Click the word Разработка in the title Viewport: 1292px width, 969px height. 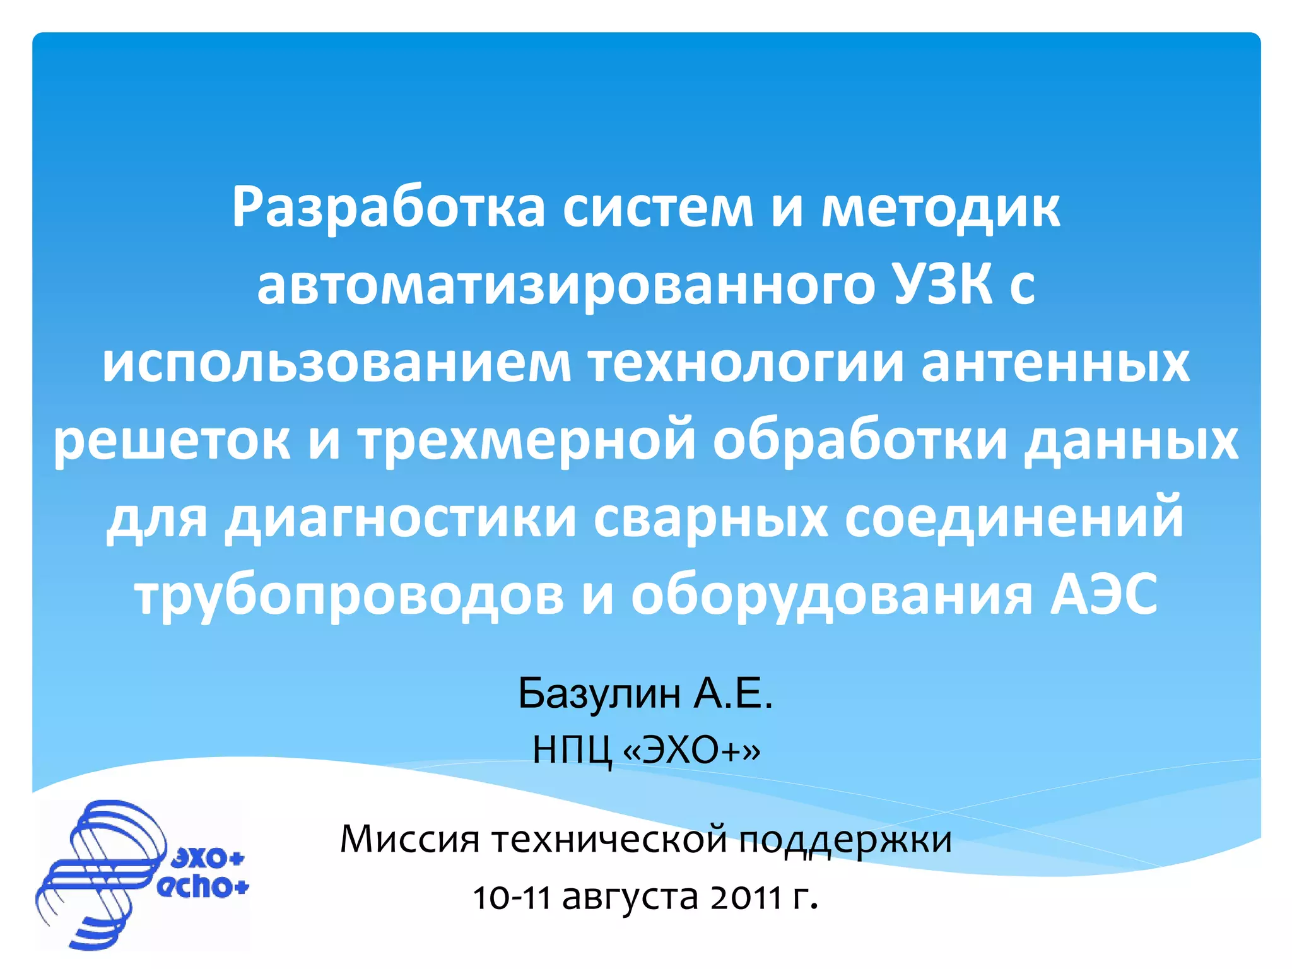[x=388, y=209]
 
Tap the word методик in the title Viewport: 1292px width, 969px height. [x=940, y=209]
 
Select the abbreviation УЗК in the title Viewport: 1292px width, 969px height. [x=942, y=286]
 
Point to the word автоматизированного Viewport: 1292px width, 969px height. [x=565, y=286]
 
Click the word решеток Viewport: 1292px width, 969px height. [x=172, y=441]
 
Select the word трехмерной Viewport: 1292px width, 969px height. [x=527, y=441]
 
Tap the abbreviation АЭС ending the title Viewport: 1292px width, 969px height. [x=1103, y=596]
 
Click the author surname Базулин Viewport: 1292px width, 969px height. [x=599, y=693]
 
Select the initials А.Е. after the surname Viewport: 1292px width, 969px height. [x=734, y=693]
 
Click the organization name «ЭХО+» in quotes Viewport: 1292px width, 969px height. [x=691, y=751]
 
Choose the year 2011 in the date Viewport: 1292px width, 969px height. [x=746, y=897]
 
